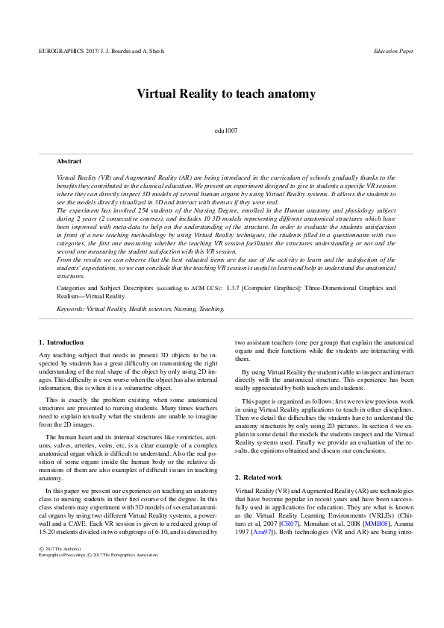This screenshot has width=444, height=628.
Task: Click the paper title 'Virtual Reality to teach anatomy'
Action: coord(225,94)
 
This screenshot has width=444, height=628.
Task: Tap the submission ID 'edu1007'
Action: coord(225,131)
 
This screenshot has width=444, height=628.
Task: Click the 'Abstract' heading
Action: coord(69,160)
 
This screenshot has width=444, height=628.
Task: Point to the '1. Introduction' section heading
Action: coord(61,342)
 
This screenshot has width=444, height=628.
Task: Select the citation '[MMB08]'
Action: coord(376,519)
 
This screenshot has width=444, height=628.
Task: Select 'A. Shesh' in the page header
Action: coord(152,51)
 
